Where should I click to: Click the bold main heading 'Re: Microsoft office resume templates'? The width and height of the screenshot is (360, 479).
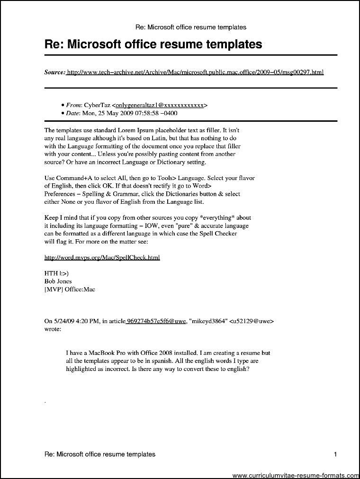(x=153, y=45)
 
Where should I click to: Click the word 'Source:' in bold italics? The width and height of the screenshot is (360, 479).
(x=54, y=72)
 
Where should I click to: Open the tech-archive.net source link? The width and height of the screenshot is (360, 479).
(x=195, y=72)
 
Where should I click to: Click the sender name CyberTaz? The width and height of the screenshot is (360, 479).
(x=98, y=105)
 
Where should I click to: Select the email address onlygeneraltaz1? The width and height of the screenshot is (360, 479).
(x=161, y=105)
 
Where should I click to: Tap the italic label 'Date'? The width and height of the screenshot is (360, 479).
(x=73, y=114)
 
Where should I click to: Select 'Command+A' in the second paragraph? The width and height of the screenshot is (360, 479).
(x=69, y=178)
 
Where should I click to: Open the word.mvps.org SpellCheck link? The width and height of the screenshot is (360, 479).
(x=102, y=257)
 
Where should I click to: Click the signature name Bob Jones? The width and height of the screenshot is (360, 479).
(x=58, y=281)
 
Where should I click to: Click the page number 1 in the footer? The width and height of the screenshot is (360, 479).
(x=335, y=454)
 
